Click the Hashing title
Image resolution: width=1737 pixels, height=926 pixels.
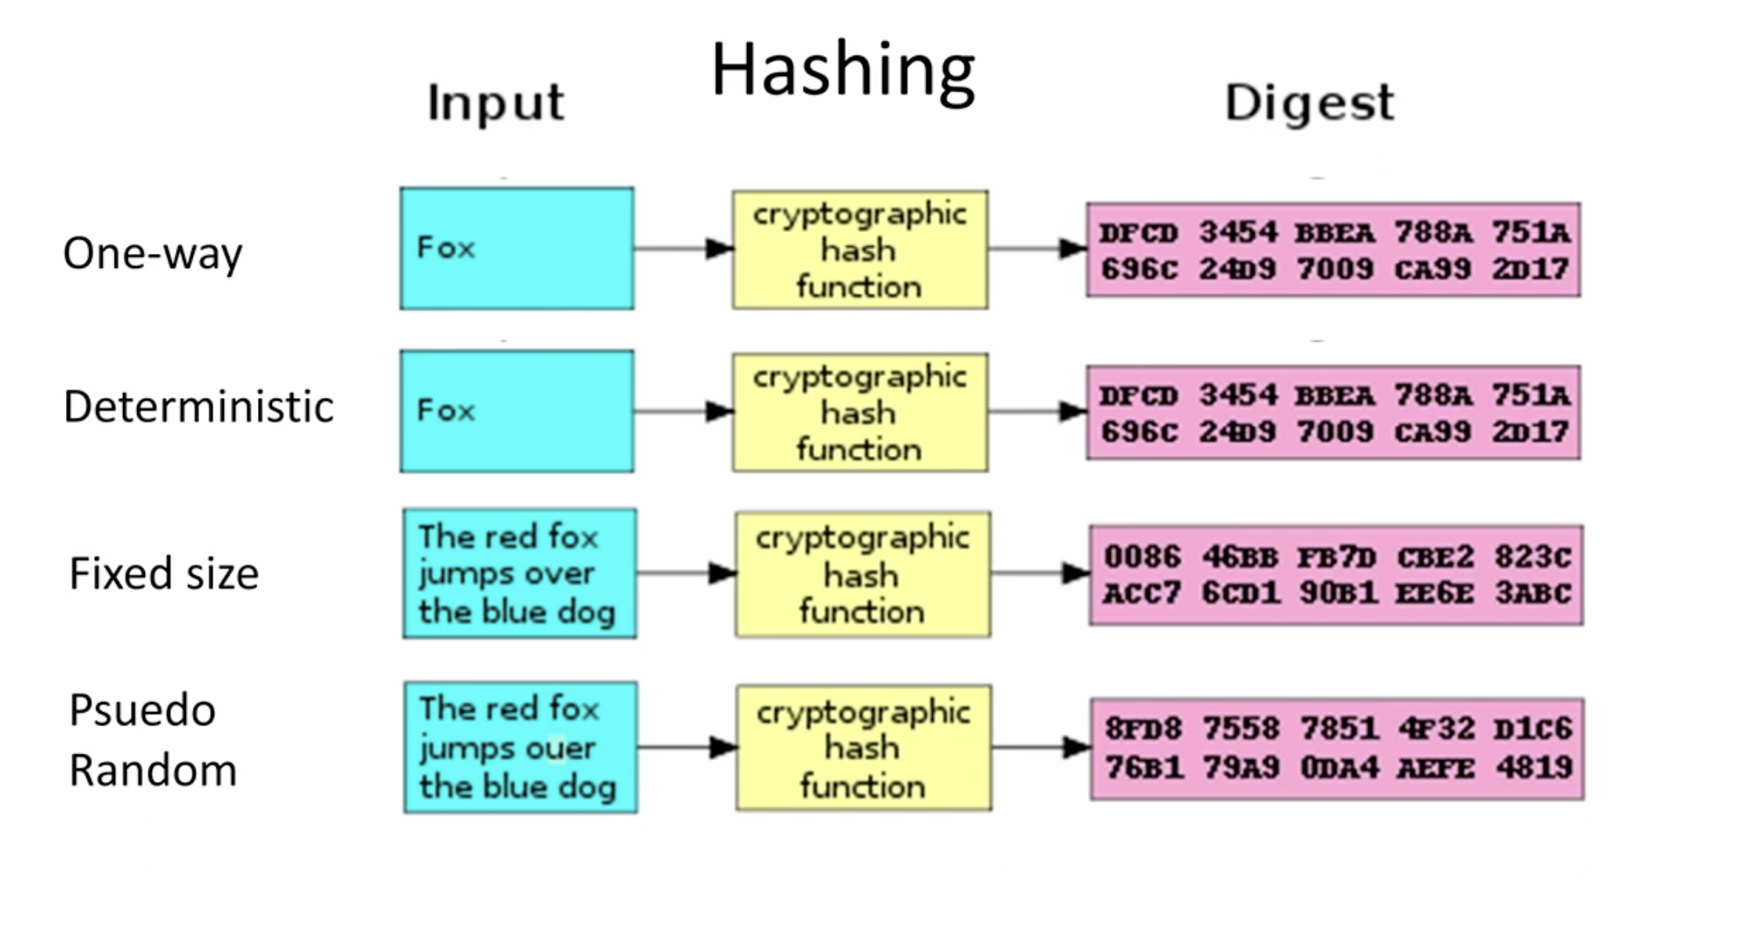843,71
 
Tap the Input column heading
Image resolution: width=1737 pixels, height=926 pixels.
495,103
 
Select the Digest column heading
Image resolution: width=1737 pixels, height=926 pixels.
1310,103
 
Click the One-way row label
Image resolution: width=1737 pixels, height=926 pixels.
153,254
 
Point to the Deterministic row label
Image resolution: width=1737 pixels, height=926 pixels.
199,407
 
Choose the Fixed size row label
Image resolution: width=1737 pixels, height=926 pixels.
164,573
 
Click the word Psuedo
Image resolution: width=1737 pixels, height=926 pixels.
142,711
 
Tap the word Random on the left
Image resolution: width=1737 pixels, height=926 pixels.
153,770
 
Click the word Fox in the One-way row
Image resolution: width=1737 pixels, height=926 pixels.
446,248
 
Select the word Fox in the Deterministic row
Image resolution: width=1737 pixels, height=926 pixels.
446,411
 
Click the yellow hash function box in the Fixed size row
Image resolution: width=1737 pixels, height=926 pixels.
863,574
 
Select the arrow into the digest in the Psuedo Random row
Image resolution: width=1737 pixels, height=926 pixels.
1041,747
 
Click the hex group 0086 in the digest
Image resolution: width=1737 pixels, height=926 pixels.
1142,557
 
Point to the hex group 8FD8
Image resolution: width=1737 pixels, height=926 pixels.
1143,729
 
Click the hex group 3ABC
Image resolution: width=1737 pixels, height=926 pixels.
1533,593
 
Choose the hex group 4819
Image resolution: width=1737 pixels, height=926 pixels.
1534,767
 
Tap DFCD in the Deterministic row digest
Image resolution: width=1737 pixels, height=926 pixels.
1138,396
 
